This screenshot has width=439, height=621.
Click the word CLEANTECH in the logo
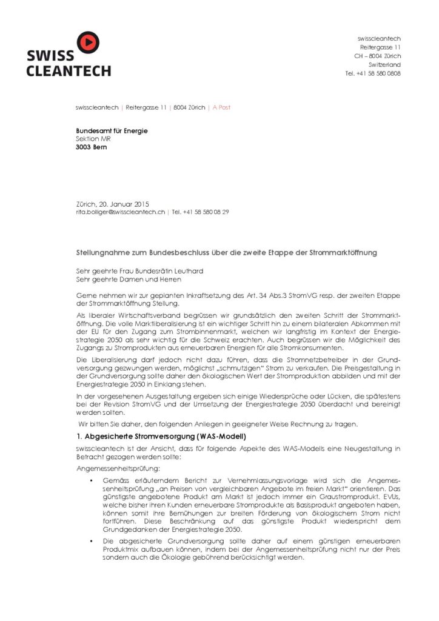68,71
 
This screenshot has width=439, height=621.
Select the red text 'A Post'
220,107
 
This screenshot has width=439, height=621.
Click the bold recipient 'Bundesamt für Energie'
112,130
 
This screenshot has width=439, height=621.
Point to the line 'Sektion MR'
93,139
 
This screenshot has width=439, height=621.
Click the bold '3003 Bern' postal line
91,147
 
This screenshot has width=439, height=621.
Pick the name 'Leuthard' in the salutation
187,270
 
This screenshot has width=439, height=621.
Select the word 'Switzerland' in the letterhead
384,64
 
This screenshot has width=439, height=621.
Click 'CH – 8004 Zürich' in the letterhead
377,56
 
